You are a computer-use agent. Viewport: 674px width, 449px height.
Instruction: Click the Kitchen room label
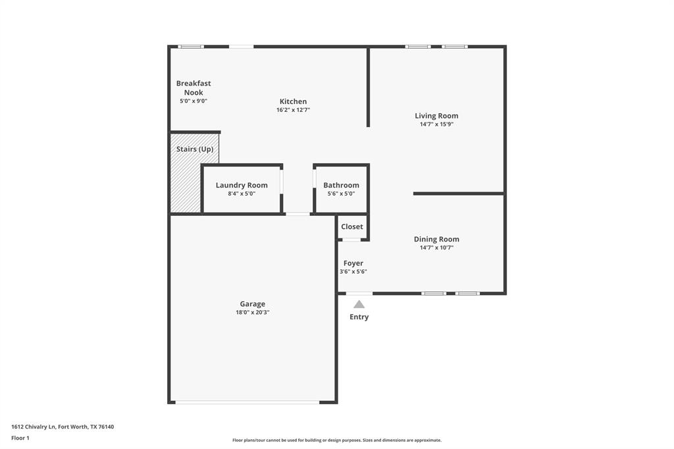(293, 101)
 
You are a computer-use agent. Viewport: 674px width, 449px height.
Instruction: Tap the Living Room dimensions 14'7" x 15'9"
(436, 124)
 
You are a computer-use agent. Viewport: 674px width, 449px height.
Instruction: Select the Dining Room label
(436, 239)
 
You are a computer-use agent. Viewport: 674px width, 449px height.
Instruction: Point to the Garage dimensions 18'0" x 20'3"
(252, 313)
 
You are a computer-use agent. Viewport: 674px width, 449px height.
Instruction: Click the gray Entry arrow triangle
(359, 304)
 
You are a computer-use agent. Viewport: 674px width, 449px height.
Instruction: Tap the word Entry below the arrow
(359, 317)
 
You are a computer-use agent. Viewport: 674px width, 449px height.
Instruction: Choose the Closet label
(352, 226)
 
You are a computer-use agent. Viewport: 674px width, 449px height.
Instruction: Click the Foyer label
(353, 263)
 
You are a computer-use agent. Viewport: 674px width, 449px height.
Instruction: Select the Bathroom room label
(341, 185)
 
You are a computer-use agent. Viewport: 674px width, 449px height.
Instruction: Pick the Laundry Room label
(242, 185)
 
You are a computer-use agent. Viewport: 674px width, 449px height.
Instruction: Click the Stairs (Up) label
(194, 149)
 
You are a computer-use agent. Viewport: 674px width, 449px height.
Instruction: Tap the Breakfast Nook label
(194, 88)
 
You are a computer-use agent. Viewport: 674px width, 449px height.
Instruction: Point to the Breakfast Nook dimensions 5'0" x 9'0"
(194, 101)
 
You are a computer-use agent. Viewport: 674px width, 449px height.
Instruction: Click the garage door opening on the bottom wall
(247, 402)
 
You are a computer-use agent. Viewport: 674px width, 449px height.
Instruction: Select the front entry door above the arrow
(359, 293)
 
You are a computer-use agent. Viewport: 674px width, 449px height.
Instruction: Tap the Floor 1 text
(20, 437)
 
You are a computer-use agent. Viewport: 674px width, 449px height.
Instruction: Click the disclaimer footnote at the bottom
(336, 440)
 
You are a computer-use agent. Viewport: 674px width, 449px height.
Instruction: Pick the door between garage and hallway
(298, 213)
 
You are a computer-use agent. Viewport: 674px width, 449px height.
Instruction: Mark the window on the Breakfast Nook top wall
(191, 47)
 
